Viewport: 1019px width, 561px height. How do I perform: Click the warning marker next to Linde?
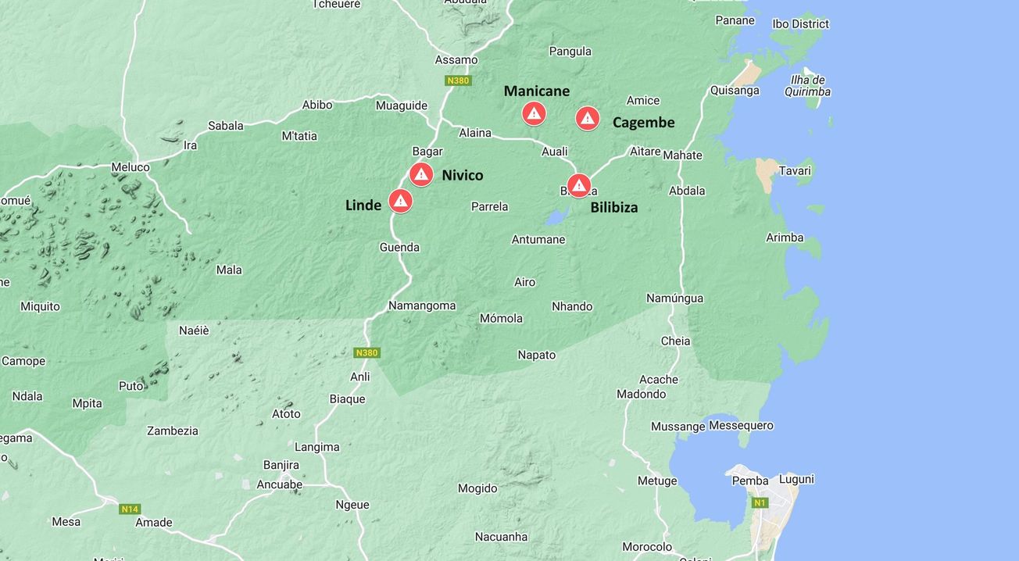click(x=400, y=201)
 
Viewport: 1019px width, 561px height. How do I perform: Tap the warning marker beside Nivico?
click(x=421, y=174)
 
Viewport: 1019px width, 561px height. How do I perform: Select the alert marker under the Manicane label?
click(x=534, y=114)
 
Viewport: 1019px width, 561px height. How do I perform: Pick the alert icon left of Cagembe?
click(x=588, y=118)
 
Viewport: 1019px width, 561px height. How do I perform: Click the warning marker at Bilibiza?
click(x=578, y=185)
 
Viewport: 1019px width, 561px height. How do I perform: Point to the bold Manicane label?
click(x=536, y=91)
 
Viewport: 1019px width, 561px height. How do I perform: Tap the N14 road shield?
click(x=130, y=509)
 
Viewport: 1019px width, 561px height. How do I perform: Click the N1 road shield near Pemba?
click(x=759, y=502)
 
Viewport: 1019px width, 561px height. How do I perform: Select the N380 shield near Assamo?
click(x=457, y=80)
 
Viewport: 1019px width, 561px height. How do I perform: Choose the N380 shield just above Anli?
click(x=366, y=352)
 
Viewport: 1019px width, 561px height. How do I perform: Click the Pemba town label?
click(x=749, y=481)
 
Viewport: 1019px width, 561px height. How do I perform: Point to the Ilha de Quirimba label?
click(x=807, y=86)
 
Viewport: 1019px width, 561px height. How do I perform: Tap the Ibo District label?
click(x=800, y=24)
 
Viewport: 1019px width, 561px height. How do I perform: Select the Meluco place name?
click(x=131, y=167)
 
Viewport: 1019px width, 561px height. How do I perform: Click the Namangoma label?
click(x=422, y=306)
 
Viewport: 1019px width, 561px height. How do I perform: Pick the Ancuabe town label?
click(x=280, y=484)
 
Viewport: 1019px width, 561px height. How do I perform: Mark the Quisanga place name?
click(x=734, y=91)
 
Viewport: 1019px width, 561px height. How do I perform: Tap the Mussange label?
click(x=678, y=427)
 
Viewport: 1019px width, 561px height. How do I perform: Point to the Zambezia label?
click(x=173, y=431)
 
